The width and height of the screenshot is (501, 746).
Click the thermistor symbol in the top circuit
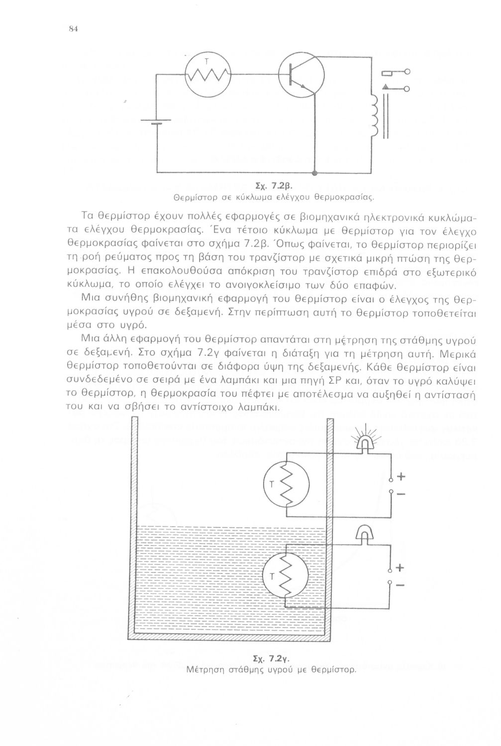[206, 75]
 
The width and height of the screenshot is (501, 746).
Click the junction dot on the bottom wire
[314, 173]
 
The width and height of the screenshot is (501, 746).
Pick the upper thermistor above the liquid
[286, 484]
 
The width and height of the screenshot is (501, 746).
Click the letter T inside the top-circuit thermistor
[206, 62]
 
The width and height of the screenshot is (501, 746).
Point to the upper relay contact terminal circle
[407, 73]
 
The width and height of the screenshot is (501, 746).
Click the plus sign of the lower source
[401, 568]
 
